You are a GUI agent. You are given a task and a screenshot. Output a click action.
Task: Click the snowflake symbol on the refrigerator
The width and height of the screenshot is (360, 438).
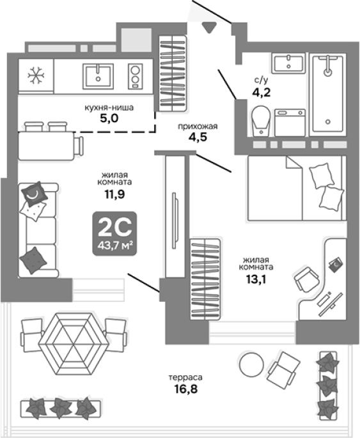point(36,75)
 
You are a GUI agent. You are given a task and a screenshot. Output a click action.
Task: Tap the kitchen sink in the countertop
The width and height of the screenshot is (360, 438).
point(98,76)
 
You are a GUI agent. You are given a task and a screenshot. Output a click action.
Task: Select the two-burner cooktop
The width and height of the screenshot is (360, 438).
point(136,76)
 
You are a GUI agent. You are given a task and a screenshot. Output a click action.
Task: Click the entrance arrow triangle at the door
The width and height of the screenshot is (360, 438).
point(209,27)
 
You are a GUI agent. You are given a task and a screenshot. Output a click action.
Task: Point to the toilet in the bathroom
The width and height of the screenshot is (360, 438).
point(261,121)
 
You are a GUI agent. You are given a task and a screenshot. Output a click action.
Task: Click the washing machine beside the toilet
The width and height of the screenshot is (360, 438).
point(290,123)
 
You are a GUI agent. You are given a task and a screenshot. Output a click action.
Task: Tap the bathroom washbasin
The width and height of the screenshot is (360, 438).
point(288,63)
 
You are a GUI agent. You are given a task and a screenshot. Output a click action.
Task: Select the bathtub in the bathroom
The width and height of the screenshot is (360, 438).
point(328,93)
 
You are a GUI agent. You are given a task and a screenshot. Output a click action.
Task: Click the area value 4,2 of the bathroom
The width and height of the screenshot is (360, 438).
point(262,92)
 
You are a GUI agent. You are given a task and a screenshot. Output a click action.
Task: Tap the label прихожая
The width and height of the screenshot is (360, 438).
point(198,127)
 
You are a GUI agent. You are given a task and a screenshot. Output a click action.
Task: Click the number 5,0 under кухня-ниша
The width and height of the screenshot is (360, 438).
point(109,118)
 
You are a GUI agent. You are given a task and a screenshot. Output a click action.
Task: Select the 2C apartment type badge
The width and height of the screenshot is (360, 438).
point(114,233)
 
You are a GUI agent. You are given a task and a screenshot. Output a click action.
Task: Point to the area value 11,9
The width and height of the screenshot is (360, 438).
point(114,194)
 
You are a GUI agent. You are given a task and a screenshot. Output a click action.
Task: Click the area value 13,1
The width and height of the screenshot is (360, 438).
point(256,279)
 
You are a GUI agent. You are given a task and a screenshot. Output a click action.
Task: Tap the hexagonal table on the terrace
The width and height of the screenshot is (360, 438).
point(74,343)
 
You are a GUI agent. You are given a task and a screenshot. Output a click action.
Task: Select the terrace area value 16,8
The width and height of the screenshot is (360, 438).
point(186,389)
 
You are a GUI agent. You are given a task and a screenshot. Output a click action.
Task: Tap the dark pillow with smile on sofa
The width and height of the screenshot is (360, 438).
point(35,193)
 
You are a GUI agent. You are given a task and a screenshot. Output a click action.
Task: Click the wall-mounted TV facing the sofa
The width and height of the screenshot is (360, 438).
point(175,220)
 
